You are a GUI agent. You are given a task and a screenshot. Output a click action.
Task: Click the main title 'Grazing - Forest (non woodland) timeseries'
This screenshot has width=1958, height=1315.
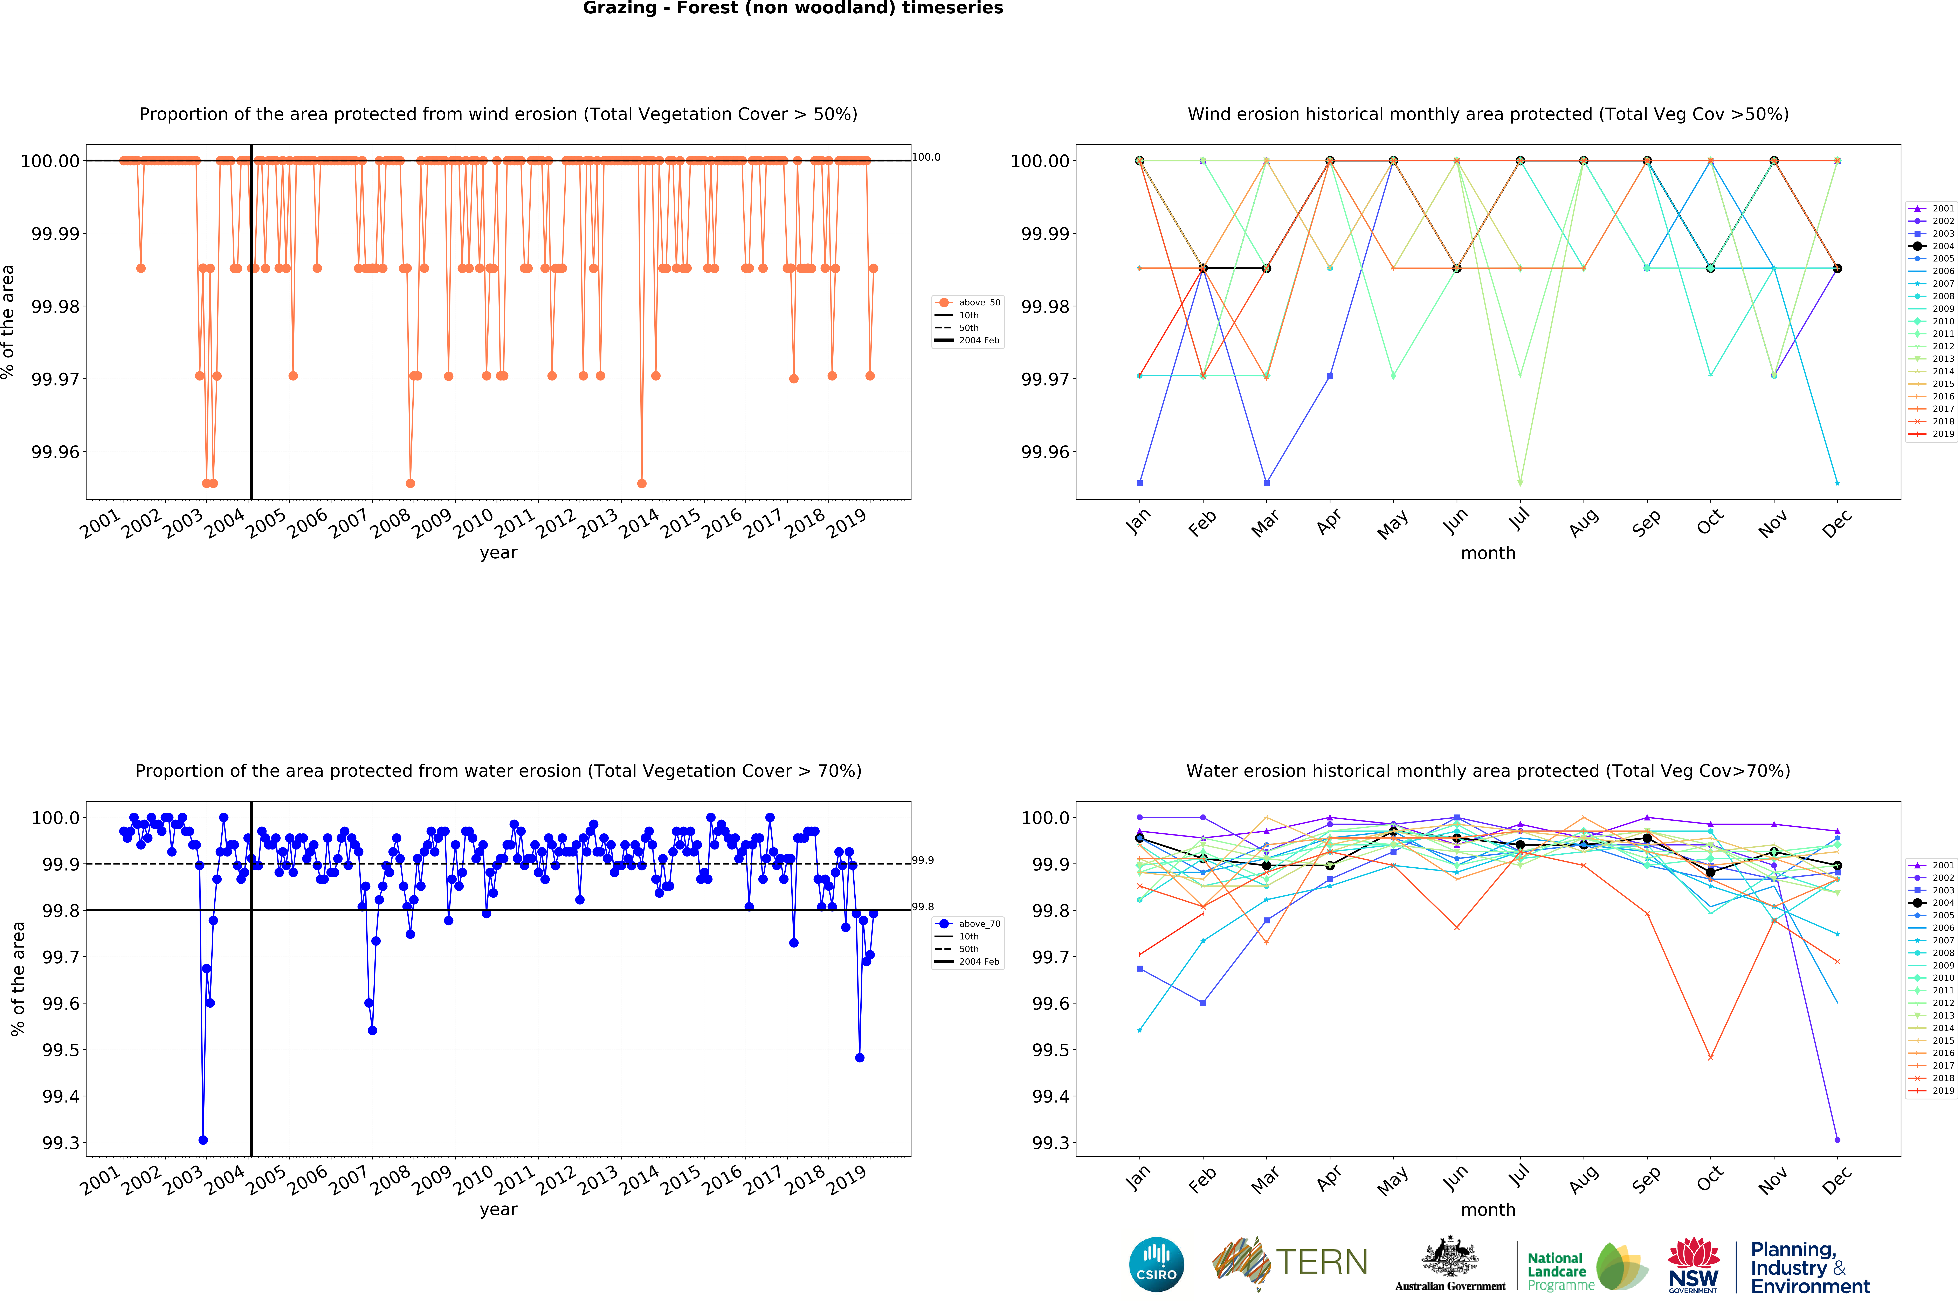coord(793,8)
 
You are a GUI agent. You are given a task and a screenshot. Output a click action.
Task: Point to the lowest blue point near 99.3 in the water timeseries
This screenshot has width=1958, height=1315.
coord(203,1140)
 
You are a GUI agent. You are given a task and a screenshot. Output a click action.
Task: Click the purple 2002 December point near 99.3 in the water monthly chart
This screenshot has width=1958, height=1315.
coord(1837,1140)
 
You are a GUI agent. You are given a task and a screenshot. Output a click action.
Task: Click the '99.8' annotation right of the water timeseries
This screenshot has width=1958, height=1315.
coord(923,907)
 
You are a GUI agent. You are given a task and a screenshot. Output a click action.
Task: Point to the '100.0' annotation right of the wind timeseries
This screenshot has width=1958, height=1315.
coord(926,157)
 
